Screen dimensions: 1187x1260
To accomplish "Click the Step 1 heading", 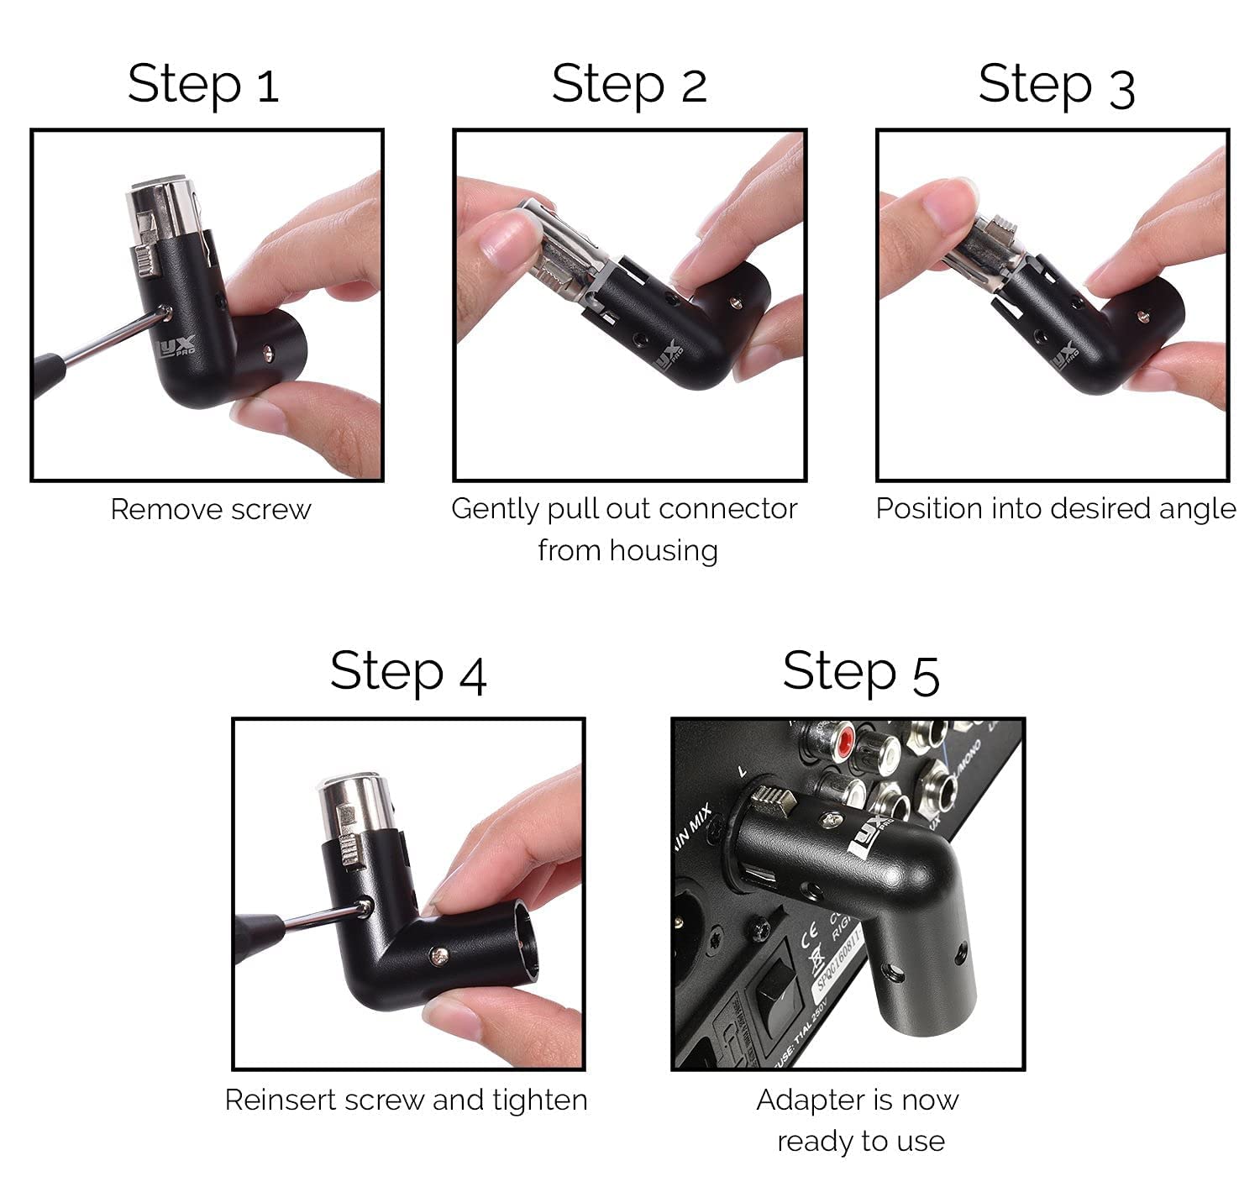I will pyautogui.click(x=202, y=84).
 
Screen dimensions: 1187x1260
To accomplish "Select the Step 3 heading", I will pyautogui.click(x=1056, y=86).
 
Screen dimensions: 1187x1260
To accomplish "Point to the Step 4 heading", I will pyautogui.click(x=408, y=672).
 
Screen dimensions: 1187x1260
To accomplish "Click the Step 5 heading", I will pyautogui.click(x=860, y=672).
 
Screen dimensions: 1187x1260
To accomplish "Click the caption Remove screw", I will pyautogui.click(x=210, y=510).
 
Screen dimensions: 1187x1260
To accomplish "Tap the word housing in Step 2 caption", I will pyautogui.click(x=664, y=551).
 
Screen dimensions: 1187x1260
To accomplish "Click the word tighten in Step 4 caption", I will pyautogui.click(x=539, y=1100).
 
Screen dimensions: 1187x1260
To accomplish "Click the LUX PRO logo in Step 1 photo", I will pyautogui.click(x=179, y=346).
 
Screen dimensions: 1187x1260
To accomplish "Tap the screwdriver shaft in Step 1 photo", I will pyautogui.click(x=113, y=338).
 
